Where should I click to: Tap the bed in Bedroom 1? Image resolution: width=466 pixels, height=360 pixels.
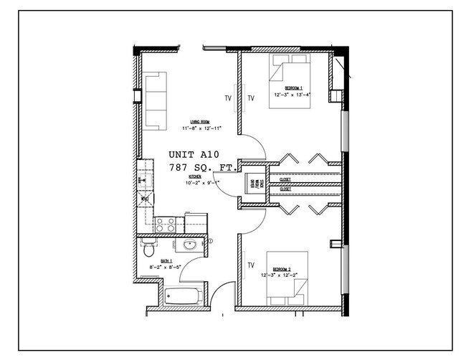coord(290,85)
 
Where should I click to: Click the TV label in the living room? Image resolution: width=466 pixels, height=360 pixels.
coord(229,98)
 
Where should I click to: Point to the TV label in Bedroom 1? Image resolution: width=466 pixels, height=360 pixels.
coord(251,98)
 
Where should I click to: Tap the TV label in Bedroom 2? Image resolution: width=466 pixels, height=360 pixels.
coord(251,265)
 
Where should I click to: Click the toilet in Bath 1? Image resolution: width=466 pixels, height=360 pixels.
coord(148,250)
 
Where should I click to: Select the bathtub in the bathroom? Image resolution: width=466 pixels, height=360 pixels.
coord(182,295)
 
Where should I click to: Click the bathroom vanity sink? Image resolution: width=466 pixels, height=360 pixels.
coord(190,246)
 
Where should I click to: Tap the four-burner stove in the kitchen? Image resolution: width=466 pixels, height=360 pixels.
coord(165,224)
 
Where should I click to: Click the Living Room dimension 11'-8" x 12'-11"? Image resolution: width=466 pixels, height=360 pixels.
coord(201,128)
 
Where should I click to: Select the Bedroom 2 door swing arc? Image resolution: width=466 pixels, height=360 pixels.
coord(252,224)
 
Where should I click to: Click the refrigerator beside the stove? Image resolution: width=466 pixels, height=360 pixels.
coord(195,222)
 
